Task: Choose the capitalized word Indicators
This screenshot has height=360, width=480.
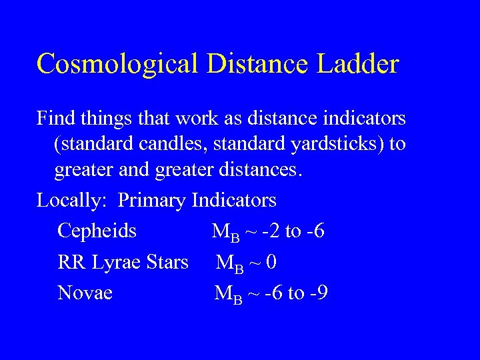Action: coord(234,199)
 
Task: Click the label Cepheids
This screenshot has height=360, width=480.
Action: coord(97,231)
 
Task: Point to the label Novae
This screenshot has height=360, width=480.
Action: coord(85,293)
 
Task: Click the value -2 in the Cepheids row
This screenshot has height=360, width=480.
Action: coord(271,231)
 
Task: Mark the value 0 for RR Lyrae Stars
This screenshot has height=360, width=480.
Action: coord(271,263)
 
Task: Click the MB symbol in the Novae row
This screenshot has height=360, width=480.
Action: coord(226,294)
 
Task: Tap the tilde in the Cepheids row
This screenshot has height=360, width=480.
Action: coord(250,232)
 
